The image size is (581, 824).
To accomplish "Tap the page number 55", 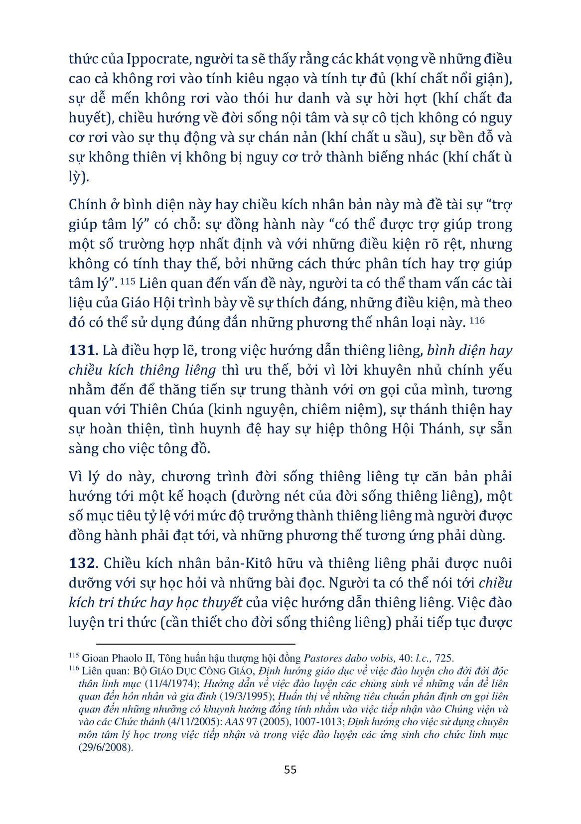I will point(290,770).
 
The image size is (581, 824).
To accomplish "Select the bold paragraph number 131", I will point(81,350).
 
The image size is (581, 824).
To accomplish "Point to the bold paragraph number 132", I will point(81,563).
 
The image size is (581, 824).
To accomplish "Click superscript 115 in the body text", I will point(128,281).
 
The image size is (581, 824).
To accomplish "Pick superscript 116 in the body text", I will point(477,320).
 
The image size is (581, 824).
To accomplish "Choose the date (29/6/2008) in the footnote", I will point(106,748).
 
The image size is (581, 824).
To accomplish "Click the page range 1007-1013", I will point(319,722).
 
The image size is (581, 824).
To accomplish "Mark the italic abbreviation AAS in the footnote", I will point(245,722).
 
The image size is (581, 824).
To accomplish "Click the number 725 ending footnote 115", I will point(444,658).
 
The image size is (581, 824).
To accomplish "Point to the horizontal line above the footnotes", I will point(195,644).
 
